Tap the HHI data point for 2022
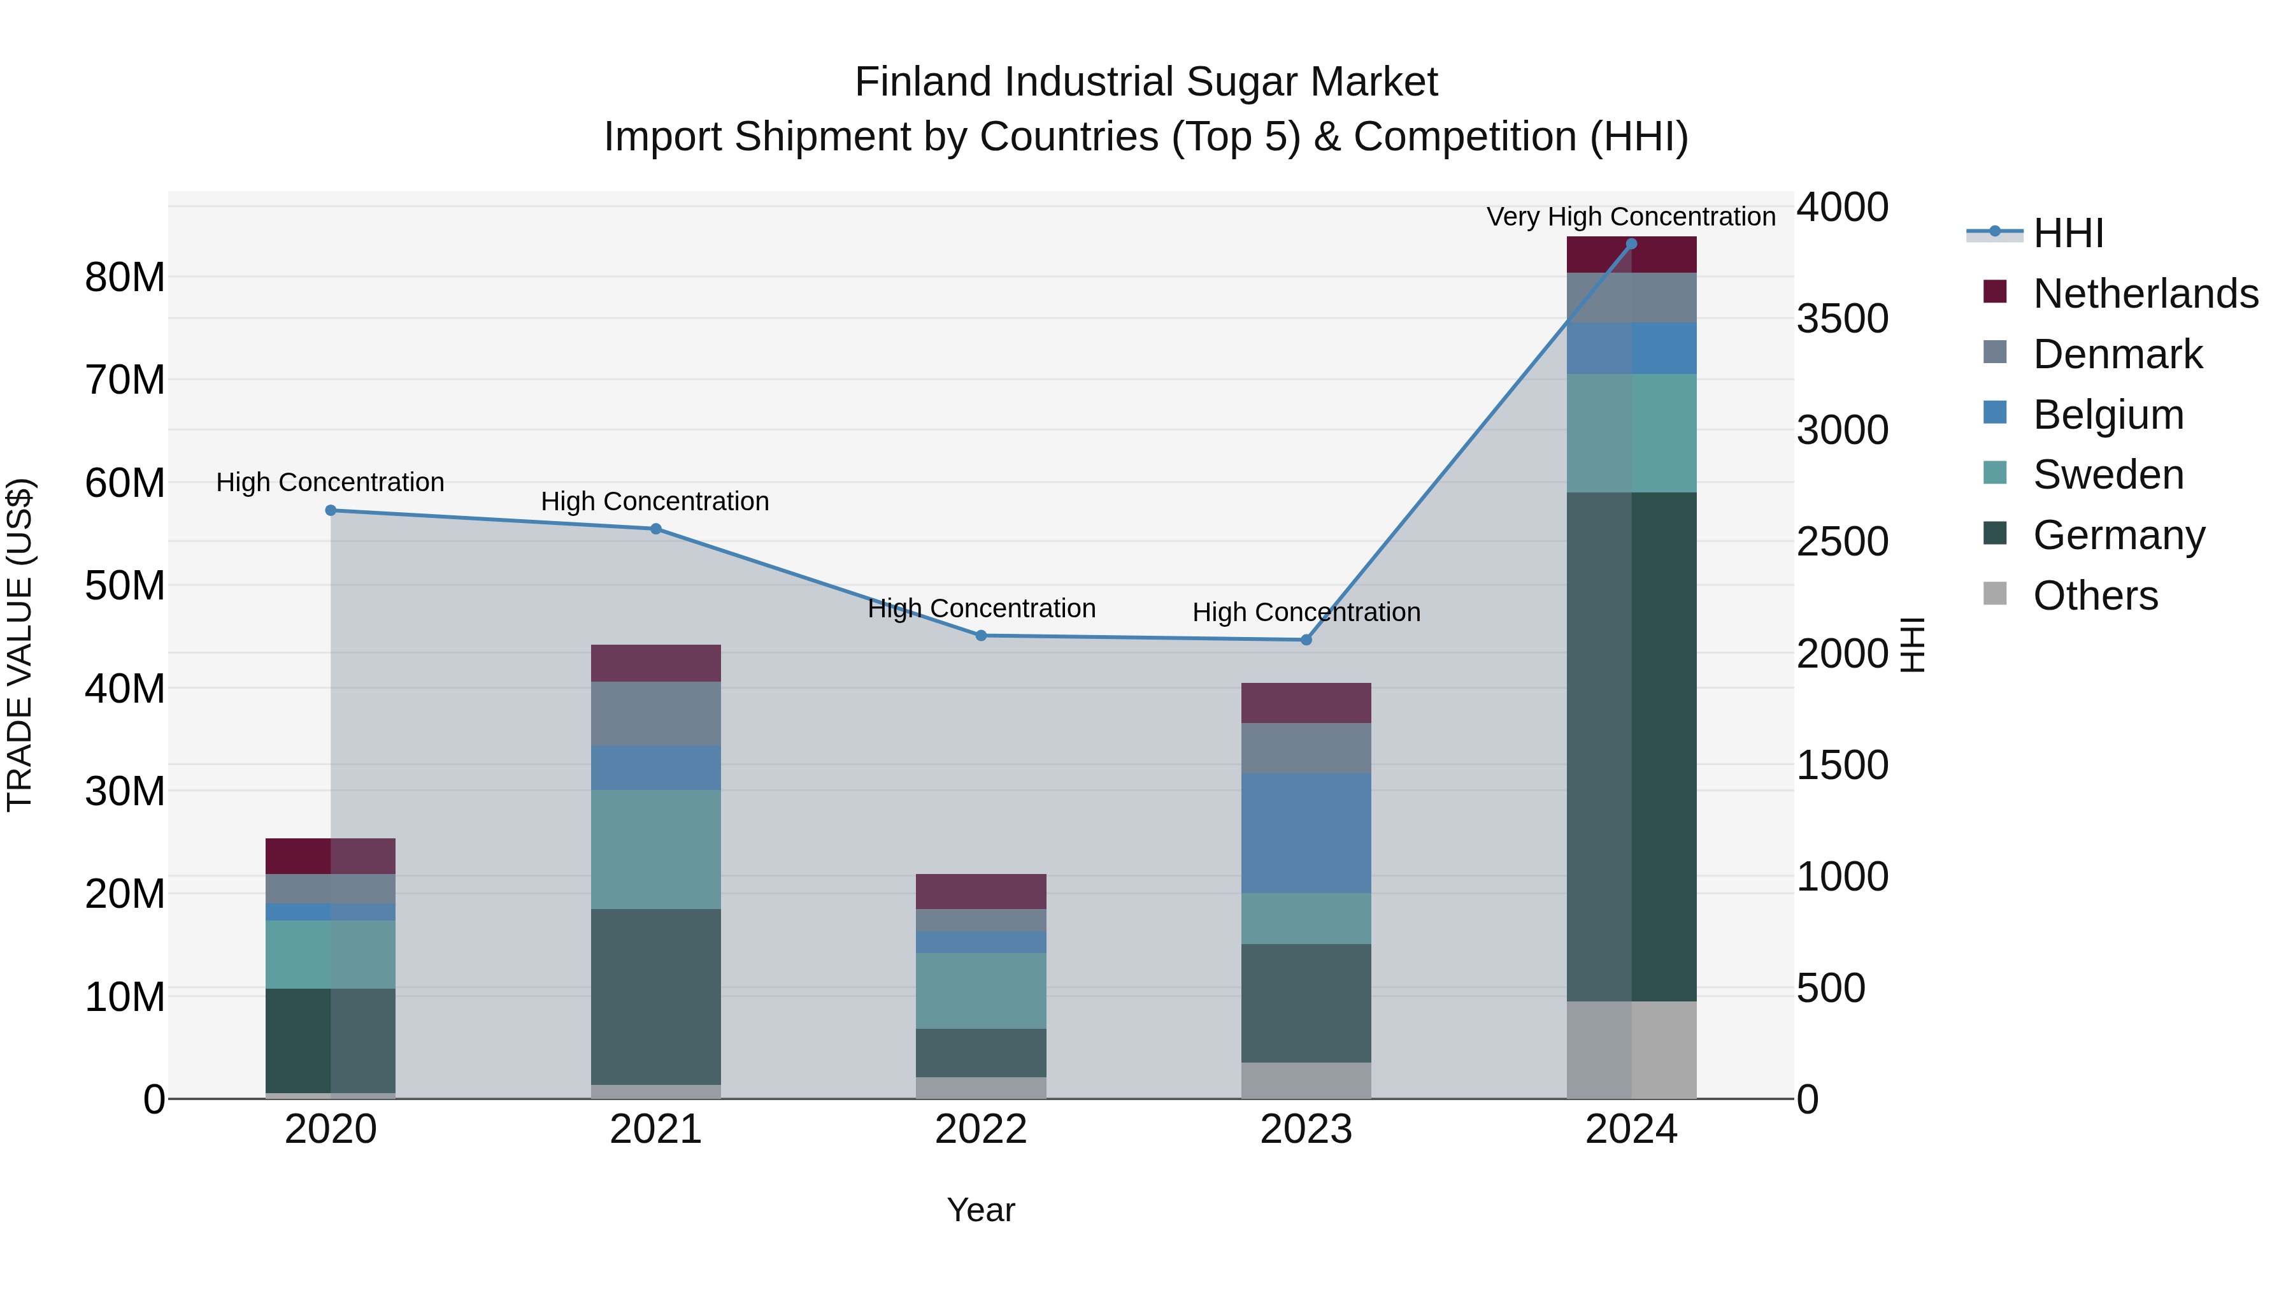point(981,636)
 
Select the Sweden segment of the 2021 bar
point(655,849)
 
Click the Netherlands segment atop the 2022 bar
point(981,891)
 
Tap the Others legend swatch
point(1995,594)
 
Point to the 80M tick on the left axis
point(125,278)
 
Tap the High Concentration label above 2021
point(655,501)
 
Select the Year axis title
point(981,1210)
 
